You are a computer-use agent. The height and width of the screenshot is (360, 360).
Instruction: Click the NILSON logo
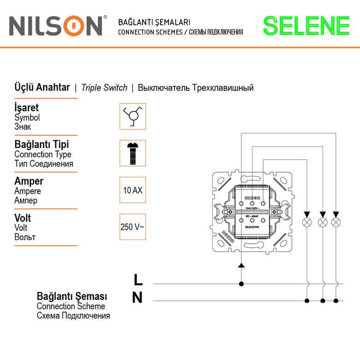[56, 26]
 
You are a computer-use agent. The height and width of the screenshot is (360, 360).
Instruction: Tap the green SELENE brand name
[306, 26]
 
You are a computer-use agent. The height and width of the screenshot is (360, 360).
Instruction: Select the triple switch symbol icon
[132, 116]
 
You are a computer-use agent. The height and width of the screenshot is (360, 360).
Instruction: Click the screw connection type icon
[132, 153]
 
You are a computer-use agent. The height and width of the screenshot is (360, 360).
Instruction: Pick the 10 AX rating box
[132, 190]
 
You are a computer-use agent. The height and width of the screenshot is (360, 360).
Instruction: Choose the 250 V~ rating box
[132, 227]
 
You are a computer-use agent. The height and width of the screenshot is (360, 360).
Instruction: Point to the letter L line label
[138, 280]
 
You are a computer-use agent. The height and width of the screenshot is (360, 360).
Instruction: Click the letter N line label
[138, 298]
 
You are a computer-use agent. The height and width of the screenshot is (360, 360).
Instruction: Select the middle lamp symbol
[323, 222]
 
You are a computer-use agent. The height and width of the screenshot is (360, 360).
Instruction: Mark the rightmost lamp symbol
[337, 222]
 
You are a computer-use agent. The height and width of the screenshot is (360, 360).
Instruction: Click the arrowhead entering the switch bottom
[240, 265]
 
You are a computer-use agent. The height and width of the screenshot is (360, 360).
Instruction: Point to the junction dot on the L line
[240, 283]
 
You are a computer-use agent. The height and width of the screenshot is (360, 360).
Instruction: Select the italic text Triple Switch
[104, 88]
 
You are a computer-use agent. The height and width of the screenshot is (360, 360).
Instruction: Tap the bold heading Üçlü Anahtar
[42, 88]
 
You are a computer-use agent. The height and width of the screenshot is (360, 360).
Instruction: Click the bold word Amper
[29, 181]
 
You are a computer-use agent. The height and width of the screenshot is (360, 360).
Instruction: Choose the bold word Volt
[23, 218]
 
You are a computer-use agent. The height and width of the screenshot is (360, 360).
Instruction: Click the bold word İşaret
[26, 108]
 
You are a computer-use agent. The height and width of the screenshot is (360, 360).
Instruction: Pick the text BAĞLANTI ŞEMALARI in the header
[154, 22]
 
